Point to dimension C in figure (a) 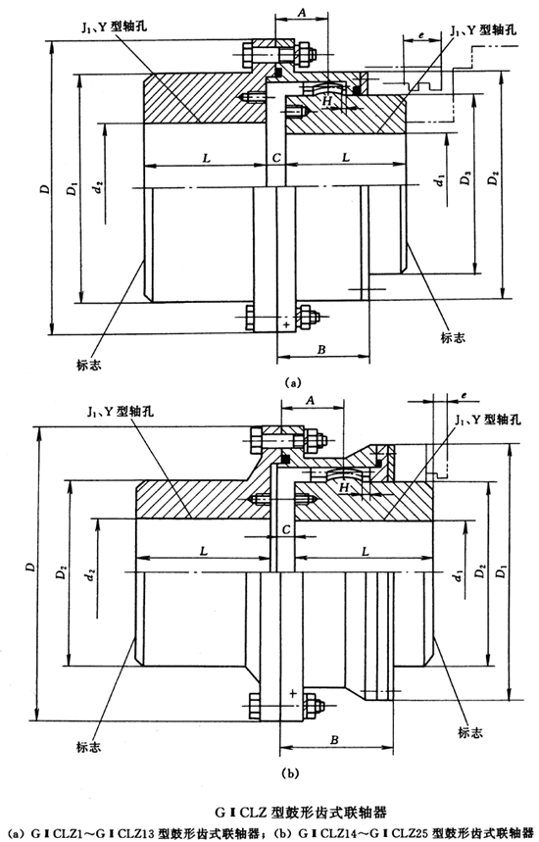[x=278, y=157]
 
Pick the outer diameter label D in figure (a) [x=44, y=186]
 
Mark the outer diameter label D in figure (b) [x=29, y=567]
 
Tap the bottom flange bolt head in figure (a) [x=248, y=318]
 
